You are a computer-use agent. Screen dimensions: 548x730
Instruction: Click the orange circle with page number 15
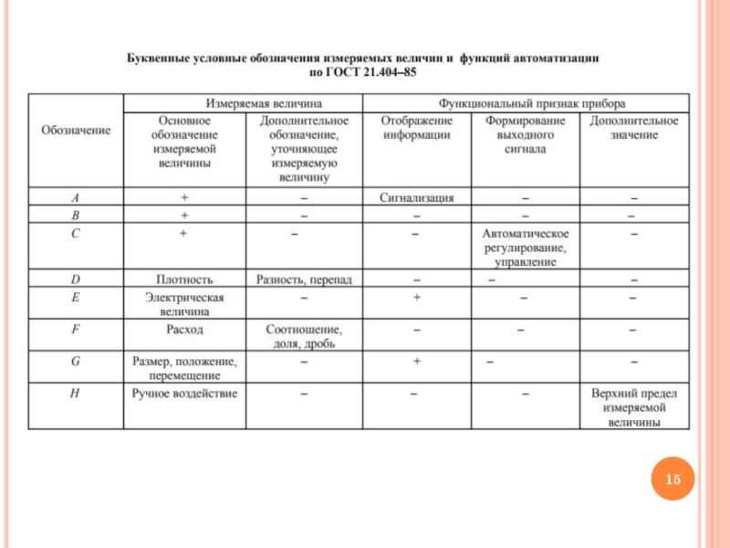coord(673,479)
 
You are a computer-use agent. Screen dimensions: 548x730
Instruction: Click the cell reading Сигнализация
coord(415,197)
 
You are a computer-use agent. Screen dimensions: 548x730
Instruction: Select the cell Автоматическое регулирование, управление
coord(526,248)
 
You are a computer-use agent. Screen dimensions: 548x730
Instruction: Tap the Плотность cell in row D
coord(184,279)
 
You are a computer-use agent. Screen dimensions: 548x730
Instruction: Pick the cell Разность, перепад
coord(304,279)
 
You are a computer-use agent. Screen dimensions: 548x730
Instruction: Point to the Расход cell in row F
coord(184,329)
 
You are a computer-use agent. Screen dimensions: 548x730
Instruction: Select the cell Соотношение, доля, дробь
coord(304,336)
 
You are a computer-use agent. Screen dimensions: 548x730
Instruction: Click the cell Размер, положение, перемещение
coord(184,368)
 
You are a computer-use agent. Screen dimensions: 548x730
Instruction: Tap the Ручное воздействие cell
coord(184,394)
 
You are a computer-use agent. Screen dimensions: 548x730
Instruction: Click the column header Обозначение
coord(76,131)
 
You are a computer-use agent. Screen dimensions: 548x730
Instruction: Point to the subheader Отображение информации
coord(415,128)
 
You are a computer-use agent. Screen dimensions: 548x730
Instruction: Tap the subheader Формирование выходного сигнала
coord(526,135)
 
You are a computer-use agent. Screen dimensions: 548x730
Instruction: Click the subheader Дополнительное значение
coord(634,128)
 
